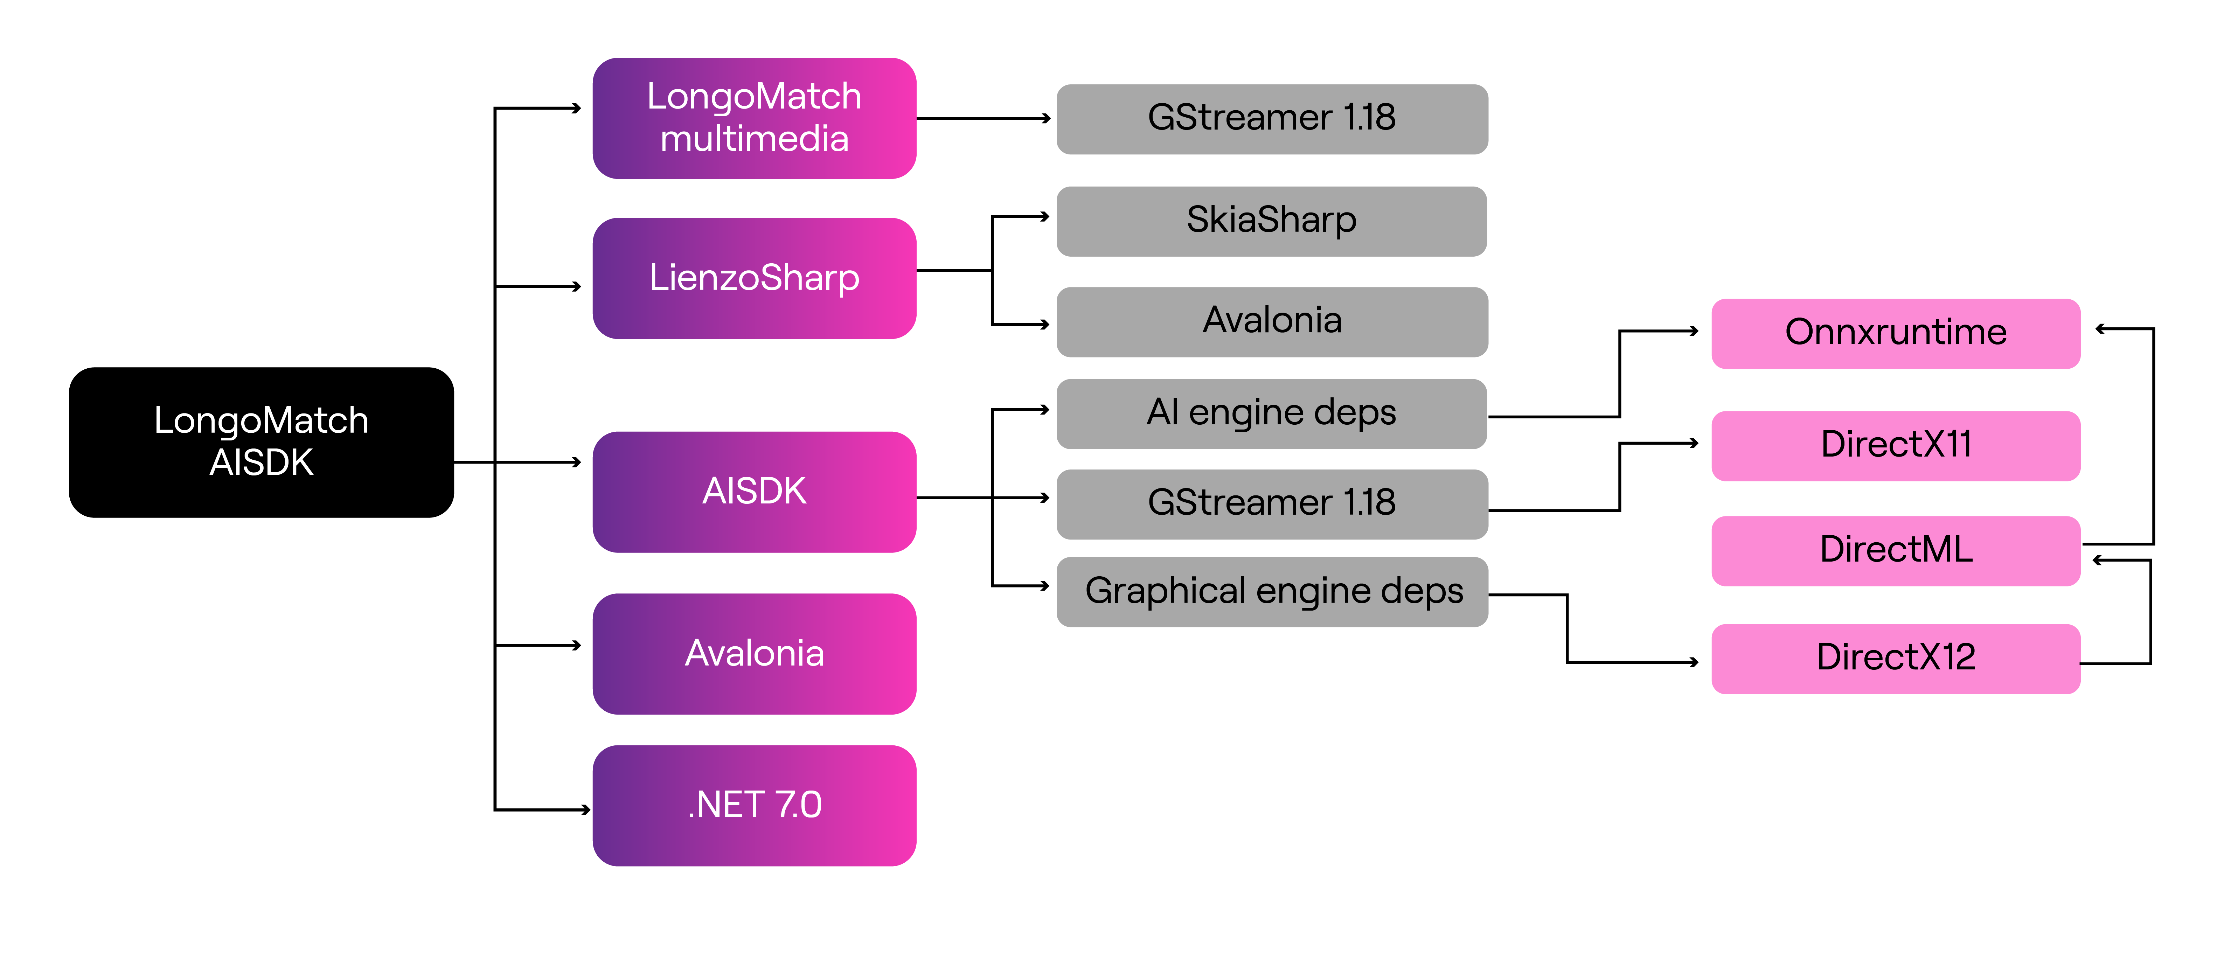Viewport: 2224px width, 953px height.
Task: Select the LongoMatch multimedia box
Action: click(754, 118)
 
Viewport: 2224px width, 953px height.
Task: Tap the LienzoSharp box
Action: click(754, 278)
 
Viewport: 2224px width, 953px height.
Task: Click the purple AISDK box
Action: click(754, 491)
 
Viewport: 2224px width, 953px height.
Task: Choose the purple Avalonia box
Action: click(754, 653)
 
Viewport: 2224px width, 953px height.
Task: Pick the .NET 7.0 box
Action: click(754, 805)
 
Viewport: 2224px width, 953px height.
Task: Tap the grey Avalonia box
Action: click(1272, 321)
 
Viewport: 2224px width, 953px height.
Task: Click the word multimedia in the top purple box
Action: click(754, 139)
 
